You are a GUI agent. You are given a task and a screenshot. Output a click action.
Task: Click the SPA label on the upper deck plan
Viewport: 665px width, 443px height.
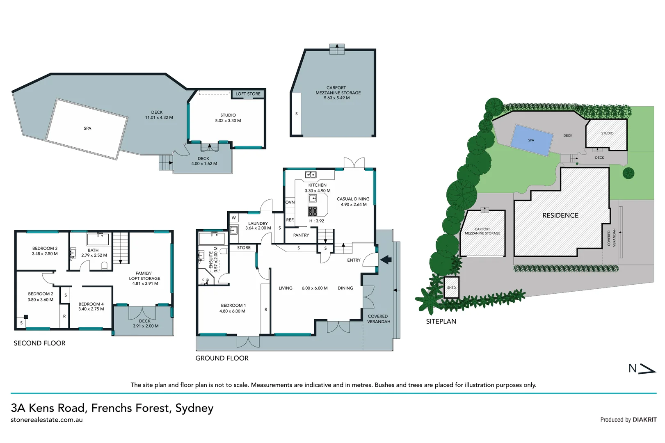click(87, 128)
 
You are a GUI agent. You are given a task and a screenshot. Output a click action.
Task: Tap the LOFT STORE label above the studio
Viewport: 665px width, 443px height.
click(248, 94)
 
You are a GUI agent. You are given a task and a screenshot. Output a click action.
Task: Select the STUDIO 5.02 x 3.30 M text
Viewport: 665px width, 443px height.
click(228, 118)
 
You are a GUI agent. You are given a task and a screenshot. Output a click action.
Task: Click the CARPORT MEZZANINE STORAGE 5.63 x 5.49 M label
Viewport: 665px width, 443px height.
click(338, 93)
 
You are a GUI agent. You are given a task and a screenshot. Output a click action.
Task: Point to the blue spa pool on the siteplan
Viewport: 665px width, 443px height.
click(532, 140)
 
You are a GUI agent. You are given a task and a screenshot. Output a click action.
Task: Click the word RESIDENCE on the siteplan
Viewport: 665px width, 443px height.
click(560, 215)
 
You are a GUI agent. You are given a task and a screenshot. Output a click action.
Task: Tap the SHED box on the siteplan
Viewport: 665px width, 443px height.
click(451, 288)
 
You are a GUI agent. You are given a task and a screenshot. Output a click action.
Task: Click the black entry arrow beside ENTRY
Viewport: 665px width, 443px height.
click(386, 260)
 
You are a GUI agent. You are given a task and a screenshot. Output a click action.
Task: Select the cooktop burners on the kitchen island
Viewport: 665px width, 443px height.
click(313, 211)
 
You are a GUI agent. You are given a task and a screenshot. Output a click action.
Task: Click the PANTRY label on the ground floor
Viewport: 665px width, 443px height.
click(301, 235)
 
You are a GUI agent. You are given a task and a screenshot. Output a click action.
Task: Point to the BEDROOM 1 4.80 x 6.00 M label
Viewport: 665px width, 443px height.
click(233, 308)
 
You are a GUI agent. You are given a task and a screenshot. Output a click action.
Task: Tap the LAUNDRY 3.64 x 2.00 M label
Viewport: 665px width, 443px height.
click(258, 226)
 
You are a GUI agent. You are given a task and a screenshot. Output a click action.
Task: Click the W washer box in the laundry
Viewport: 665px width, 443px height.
click(234, 218)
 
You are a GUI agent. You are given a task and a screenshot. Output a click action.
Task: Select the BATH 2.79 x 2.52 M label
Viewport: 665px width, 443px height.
click(94, 253)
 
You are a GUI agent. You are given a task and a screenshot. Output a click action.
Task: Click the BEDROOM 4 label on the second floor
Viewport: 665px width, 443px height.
click(91, 304)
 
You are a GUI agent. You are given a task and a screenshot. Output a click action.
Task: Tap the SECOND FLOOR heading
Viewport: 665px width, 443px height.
click(39, 343)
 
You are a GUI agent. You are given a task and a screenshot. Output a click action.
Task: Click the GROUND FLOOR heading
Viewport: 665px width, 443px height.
click(222, 358)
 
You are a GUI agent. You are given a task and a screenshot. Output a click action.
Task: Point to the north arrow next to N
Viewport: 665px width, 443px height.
click(647, 369)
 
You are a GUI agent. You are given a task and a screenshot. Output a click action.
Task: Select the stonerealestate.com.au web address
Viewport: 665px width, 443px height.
click(47, 420)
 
